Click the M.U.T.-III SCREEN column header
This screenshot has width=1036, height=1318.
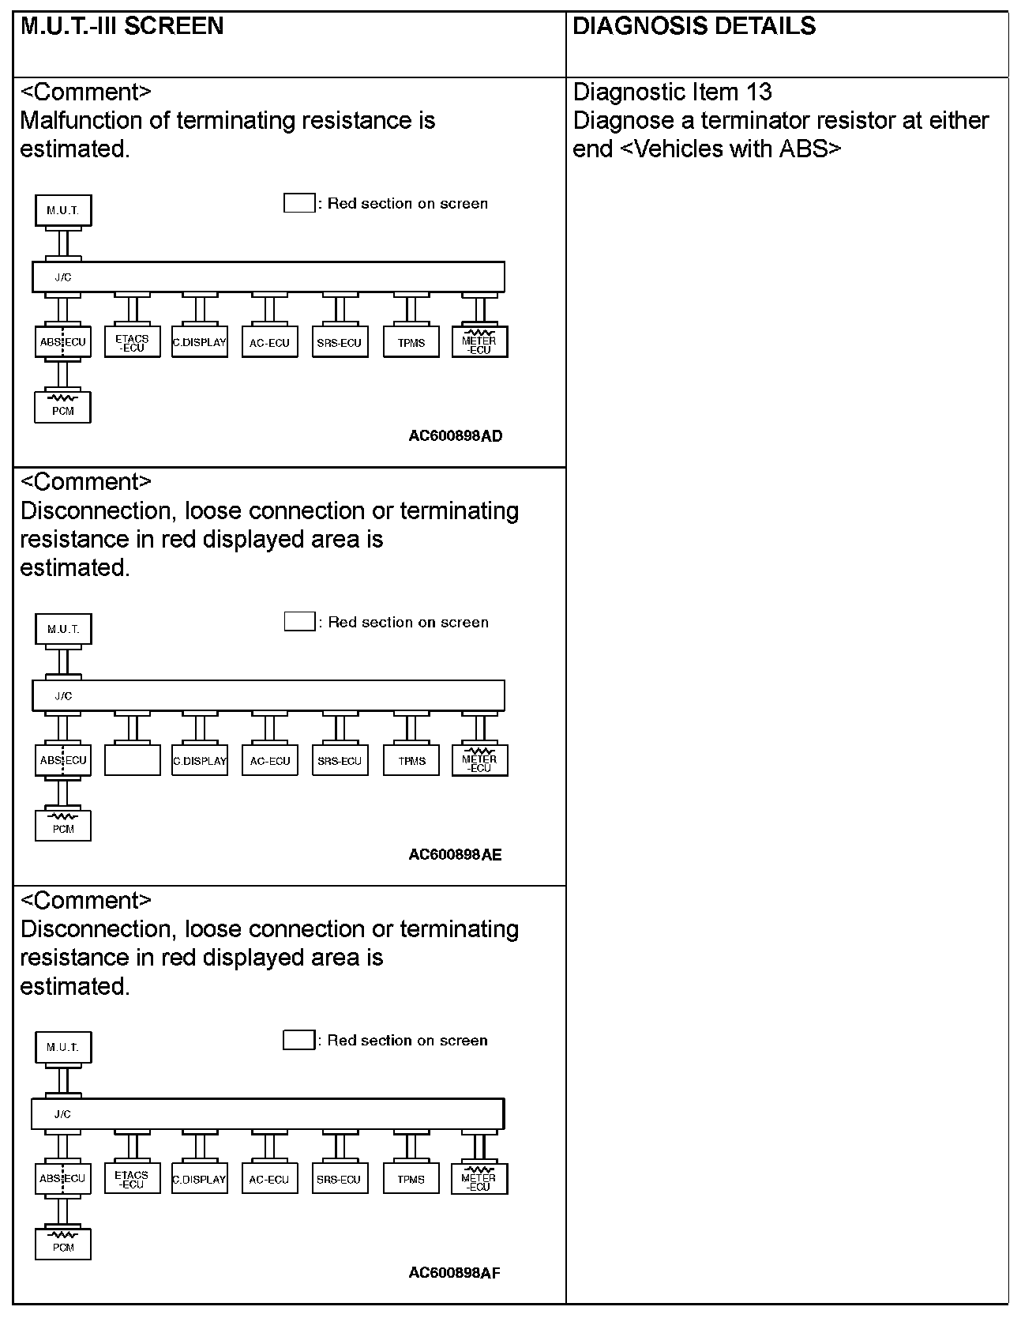[122, 26]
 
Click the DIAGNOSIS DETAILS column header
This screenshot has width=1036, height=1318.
[693, 26]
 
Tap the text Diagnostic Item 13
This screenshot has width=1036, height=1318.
[672, 92]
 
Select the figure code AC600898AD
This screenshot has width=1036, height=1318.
[455, 435]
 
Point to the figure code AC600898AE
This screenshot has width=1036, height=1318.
[455, 854]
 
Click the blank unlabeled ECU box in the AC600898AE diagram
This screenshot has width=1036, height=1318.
[132, 760]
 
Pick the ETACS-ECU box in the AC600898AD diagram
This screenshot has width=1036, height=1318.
[132, 342]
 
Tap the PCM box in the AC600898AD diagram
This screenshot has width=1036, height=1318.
[63, 407]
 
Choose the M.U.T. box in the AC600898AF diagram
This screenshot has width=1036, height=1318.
[63, 1047]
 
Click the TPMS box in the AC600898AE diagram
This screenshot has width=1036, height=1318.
[411, 760]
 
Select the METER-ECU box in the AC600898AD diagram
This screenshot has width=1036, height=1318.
[479, 342]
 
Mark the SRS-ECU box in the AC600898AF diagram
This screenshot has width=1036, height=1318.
[339, 1179]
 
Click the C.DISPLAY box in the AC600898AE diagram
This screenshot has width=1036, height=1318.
[200, 760]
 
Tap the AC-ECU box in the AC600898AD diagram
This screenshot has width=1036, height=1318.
[270, 342]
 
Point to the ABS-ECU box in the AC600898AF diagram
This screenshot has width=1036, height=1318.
[63, 1178]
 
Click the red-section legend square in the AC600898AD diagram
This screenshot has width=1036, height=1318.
[298, 203]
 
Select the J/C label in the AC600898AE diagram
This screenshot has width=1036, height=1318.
[63, 696]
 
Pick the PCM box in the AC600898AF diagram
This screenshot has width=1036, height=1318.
[63, 1244]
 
